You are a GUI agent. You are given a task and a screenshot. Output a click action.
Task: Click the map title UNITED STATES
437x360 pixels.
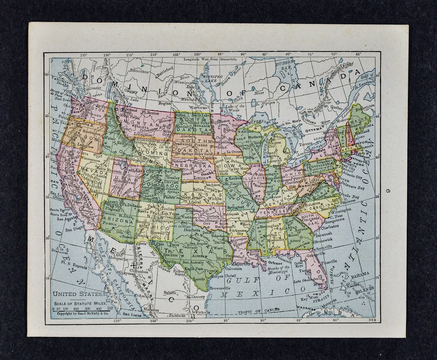point(72,295)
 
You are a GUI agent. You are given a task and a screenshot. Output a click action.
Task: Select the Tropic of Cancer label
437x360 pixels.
point(260,312)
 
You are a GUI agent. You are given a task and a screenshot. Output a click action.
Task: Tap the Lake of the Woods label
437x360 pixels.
point(237,107)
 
